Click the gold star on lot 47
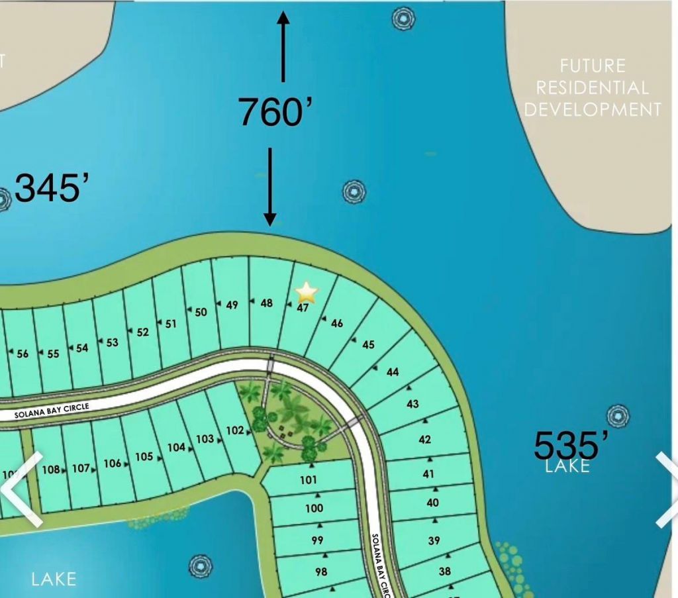click(307, 291)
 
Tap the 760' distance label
click(275, 111)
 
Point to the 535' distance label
click(567, 444)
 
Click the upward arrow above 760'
click(283, 46)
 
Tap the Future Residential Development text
click(593, 87)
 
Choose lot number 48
click(267, 303)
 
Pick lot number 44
click(393, 372)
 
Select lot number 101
click(309, 479)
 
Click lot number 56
click(23, 354)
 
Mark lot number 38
click(445, 571)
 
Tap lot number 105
click(144, 456)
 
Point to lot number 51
click(171, 324)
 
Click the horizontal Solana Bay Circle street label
click(52, 411)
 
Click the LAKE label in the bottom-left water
click(54, 579)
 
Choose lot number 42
click(425, 440)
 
